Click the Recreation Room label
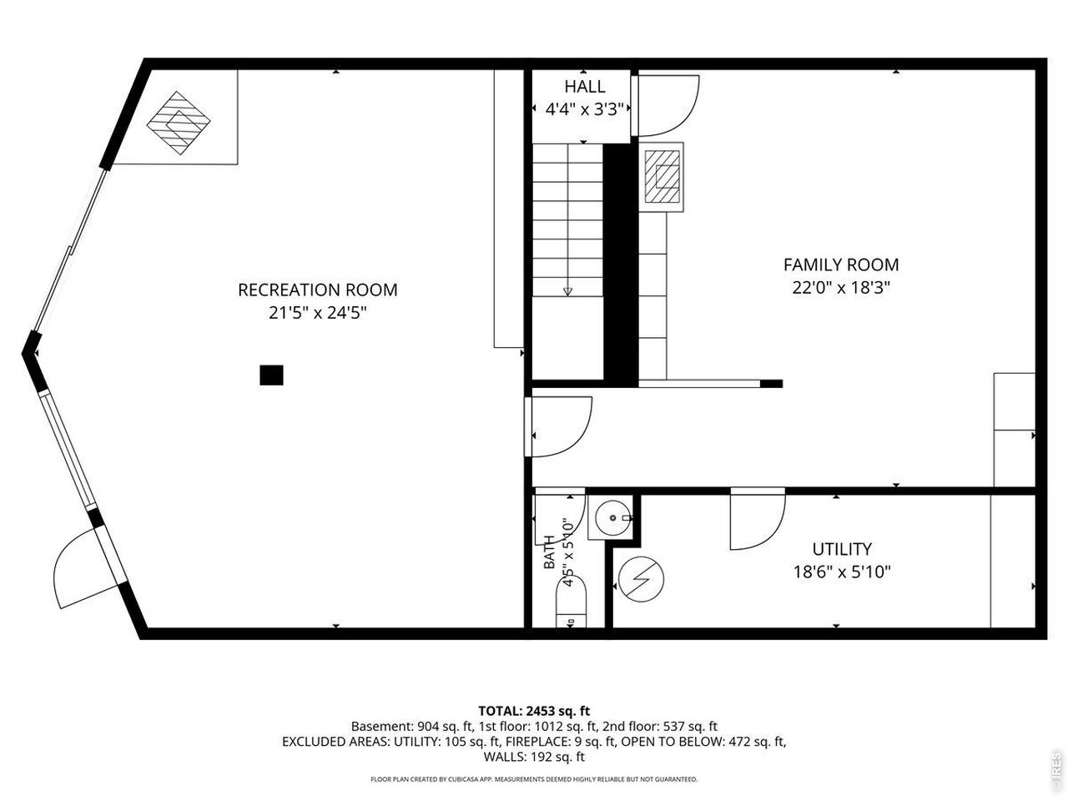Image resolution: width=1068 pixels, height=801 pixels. click(317, 290)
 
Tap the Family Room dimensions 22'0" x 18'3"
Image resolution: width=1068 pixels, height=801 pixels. click(841, 288)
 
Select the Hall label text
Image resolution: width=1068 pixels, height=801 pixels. click(585, 87)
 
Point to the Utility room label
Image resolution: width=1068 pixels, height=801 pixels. click(842, 549)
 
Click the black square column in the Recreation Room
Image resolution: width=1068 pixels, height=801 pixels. click(271, 375)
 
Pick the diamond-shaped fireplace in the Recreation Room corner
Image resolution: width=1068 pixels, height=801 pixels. click(179, 123)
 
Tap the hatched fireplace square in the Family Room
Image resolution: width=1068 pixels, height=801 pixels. click(662, 177)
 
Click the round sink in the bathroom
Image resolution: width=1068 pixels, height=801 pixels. click(612, 518)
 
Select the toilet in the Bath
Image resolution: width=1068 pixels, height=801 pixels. click(572, 602)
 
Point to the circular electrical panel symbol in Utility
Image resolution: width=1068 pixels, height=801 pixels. click(642, 579)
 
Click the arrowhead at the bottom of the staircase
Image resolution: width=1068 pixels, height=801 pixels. click(567, 291)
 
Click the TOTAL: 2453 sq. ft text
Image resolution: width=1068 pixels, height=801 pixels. click(534, 711)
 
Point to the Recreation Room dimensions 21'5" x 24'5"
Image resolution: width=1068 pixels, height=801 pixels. click(317, 313)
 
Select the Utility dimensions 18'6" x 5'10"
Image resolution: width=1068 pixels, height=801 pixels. click(842, 572)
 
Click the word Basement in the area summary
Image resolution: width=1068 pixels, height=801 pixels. click(382, 726)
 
